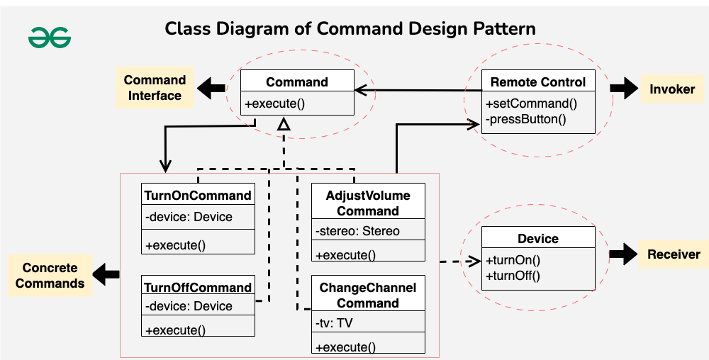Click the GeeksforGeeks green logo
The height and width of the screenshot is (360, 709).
(x=50, y=37)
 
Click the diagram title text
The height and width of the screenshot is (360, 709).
(x=350, y=29)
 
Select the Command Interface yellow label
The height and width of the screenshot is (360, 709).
(x=155, y=88)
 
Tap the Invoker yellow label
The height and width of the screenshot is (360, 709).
(x=672, y=89)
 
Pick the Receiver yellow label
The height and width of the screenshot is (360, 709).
(x=674, y=254)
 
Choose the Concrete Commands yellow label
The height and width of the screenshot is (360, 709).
(x=50, y=276)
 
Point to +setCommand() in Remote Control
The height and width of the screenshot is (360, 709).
(x=532, y=103)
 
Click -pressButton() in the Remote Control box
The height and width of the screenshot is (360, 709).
(x=526, y=118)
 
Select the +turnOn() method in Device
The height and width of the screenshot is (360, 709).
(x=513, y=259)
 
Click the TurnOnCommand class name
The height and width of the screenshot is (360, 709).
(x=198, y=196)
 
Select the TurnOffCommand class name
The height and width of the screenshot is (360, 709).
(x=198, y=287)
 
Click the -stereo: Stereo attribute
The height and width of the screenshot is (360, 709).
(x=358, y=231)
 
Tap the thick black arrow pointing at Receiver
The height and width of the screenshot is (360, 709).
(x=623, y=254)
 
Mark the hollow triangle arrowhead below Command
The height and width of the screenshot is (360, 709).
(x=284, y=125)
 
